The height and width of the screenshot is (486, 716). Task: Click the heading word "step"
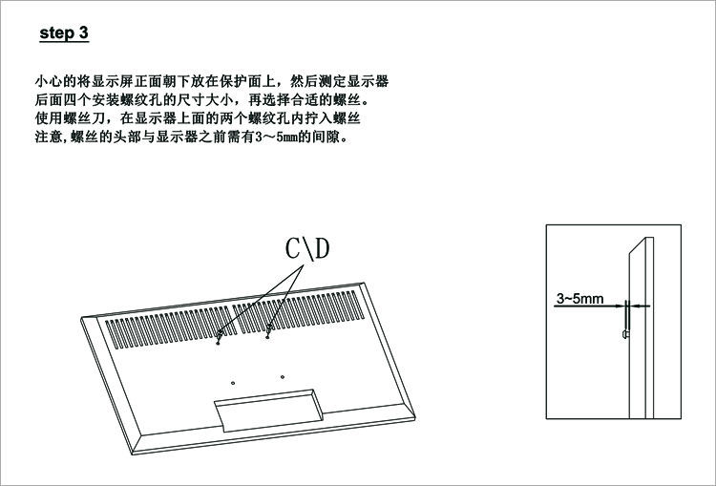point(56,34)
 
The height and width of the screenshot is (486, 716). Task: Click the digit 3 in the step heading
point(84,33)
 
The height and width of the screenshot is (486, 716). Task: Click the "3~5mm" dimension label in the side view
point(579,299)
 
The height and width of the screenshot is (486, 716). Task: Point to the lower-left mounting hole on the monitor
point(234,378)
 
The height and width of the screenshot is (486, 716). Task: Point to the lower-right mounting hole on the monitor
point(284,374)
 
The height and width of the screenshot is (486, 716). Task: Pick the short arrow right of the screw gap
point(641,306)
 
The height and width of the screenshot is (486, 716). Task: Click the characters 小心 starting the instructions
point(46,82)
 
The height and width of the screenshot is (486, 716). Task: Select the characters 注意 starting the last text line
point(46,137)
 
